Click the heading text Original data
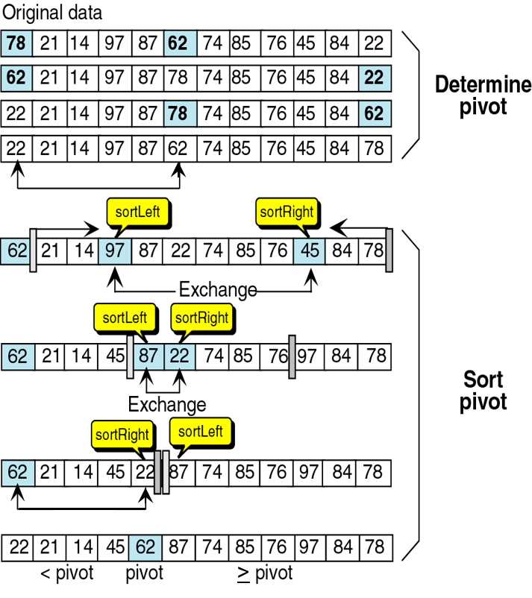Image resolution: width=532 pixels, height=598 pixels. [x=52, y=13]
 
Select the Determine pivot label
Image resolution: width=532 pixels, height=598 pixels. [x=483, y=95]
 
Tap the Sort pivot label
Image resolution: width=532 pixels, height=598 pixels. [x=483, y=391]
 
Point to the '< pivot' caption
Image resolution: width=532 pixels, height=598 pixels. [x=67, y=573]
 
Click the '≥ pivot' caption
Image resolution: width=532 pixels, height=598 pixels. [x=265, y=573]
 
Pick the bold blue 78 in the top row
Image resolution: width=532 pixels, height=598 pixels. [x=16, y=43]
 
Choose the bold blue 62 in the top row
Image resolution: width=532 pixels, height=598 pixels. [x=180, y=43]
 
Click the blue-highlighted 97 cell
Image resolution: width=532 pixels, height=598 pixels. [x=115, y=251]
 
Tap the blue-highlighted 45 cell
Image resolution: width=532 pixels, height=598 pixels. [x=310, y=251]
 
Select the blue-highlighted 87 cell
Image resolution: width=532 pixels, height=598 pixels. [x=148, y=356]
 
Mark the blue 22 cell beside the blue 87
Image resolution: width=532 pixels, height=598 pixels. [x=180, y=356]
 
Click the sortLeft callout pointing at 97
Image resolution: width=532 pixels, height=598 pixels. [x=138, y=213]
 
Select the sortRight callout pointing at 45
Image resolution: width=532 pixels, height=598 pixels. [x=288, y=213]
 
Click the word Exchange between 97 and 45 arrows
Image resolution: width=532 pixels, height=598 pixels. [x=218, y=290]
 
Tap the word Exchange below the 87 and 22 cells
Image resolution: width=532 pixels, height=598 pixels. [x=167, y=405]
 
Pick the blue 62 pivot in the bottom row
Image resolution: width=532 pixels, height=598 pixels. [x=145, y=548]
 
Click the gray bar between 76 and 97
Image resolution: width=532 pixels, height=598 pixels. [x=292, y=357]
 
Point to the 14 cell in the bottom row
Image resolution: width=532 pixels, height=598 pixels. [x=82, y=548]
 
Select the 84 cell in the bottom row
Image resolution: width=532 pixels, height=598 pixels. [x=342, y=548]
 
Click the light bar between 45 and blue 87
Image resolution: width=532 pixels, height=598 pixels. [x=130, y=357]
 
